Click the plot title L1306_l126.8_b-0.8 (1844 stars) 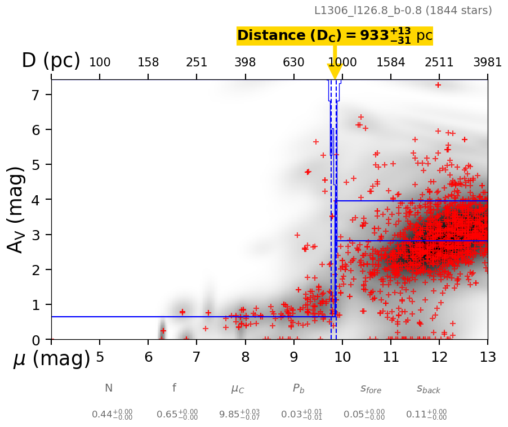tap(403, 10)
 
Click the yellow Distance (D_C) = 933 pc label tap(335, 35)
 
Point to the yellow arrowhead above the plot tap(335, 71)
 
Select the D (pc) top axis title tap(51, 61)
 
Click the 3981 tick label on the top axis tap(487, 62)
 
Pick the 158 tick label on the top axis tap(149, 62)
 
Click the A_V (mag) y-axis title tap(16, 209)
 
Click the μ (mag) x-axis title tap(51, 358)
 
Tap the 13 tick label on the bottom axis tap(487, 357)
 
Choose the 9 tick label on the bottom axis tap(294, 357)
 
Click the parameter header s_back tap(428, 389)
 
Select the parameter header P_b tap(298, 388)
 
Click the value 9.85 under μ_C tap(231, 415)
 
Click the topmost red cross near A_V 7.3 tap(438, 85)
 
